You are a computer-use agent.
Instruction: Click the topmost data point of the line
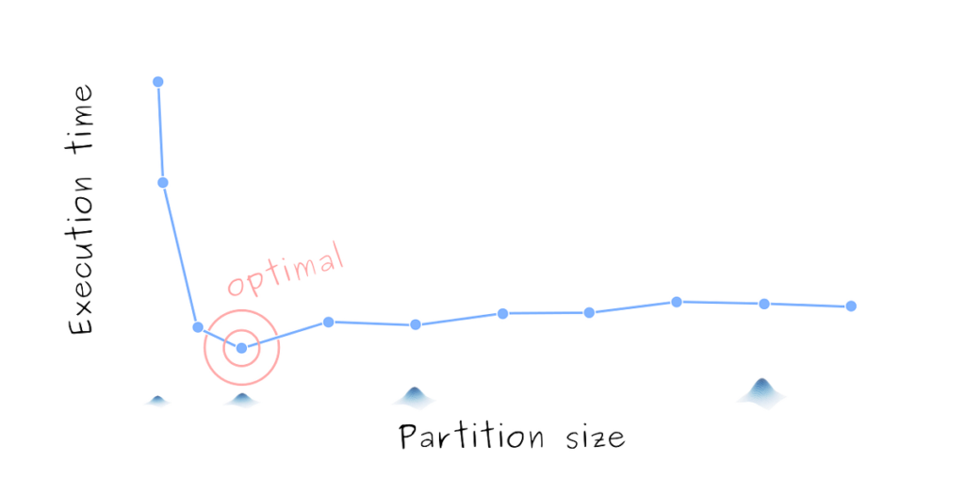click(158, 81)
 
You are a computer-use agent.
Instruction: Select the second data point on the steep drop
click(162, 182)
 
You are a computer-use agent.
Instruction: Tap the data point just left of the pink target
click(198, 326)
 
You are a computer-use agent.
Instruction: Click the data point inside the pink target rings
click(241, 348)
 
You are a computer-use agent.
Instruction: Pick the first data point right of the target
click(328, 322)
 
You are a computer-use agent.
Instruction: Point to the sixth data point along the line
click(416, 324)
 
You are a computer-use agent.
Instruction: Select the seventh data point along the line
click(503, 313)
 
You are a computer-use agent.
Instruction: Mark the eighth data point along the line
click(589, 312)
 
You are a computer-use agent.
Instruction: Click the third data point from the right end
click(676, 301)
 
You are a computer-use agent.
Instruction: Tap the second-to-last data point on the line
click(764, 303)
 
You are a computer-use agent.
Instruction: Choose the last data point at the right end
click(851, 306)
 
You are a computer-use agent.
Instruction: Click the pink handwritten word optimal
click(286, 269)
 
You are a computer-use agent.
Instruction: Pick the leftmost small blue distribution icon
click(157, 402)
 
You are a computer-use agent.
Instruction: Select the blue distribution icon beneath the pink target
click(242, 402)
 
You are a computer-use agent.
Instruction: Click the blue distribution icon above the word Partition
click(414, 398)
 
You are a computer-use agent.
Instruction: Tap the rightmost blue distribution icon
click(761, 392)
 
